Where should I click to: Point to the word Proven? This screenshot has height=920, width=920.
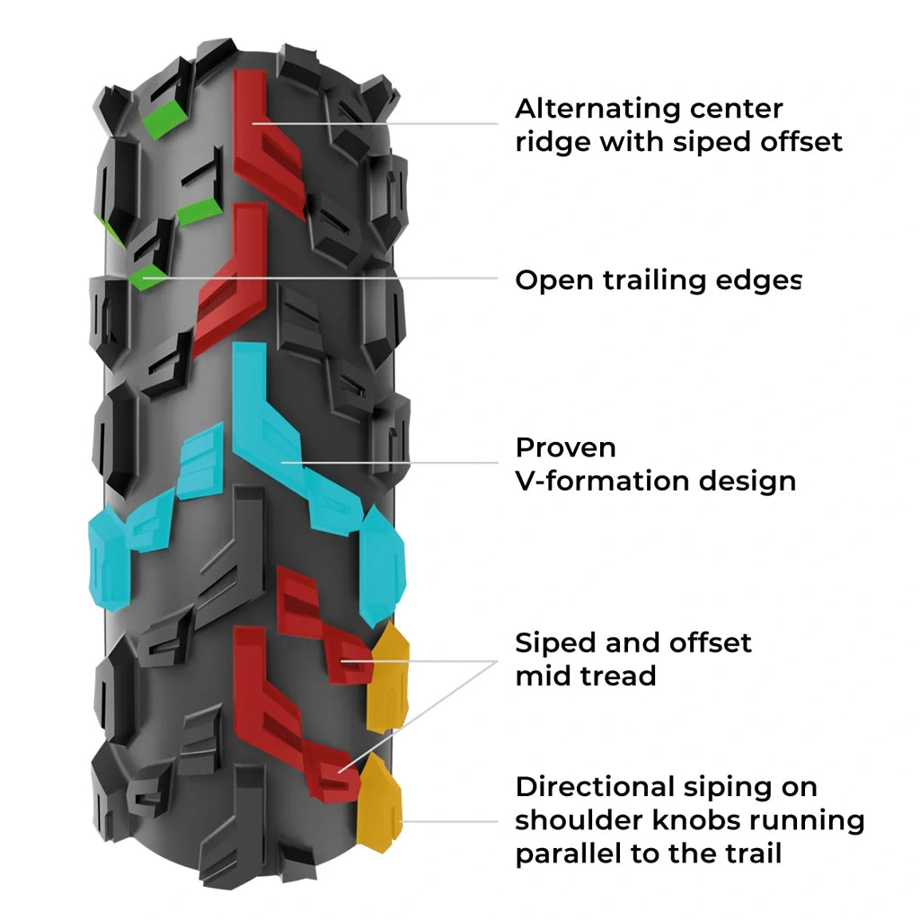point(566,447)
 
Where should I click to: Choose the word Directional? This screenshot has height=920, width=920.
point(589,787)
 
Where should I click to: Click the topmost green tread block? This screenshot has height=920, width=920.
point(164,118)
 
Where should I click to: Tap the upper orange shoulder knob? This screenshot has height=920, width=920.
point(389,676)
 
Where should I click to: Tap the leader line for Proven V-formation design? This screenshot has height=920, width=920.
point(395,464)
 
